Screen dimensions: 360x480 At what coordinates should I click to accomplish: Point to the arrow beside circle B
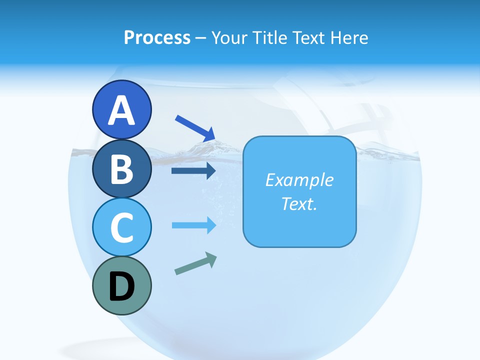point(193,171)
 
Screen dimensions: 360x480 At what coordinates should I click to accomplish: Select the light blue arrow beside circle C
point(193,225)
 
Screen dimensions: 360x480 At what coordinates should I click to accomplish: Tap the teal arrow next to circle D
point(195,263)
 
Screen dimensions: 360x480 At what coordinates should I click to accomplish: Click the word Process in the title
point(157,37)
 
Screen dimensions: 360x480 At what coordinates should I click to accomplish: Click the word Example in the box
point(299,180)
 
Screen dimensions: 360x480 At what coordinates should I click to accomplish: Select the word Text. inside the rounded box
point(299,204)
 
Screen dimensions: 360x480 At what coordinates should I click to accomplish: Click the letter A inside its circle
point(121,110)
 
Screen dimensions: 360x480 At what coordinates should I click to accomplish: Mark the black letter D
point(121,287)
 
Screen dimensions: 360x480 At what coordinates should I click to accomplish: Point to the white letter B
point(121,169)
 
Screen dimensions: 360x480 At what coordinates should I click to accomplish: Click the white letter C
point(121,228)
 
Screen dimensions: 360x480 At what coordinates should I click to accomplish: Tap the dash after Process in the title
point(201,38)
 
